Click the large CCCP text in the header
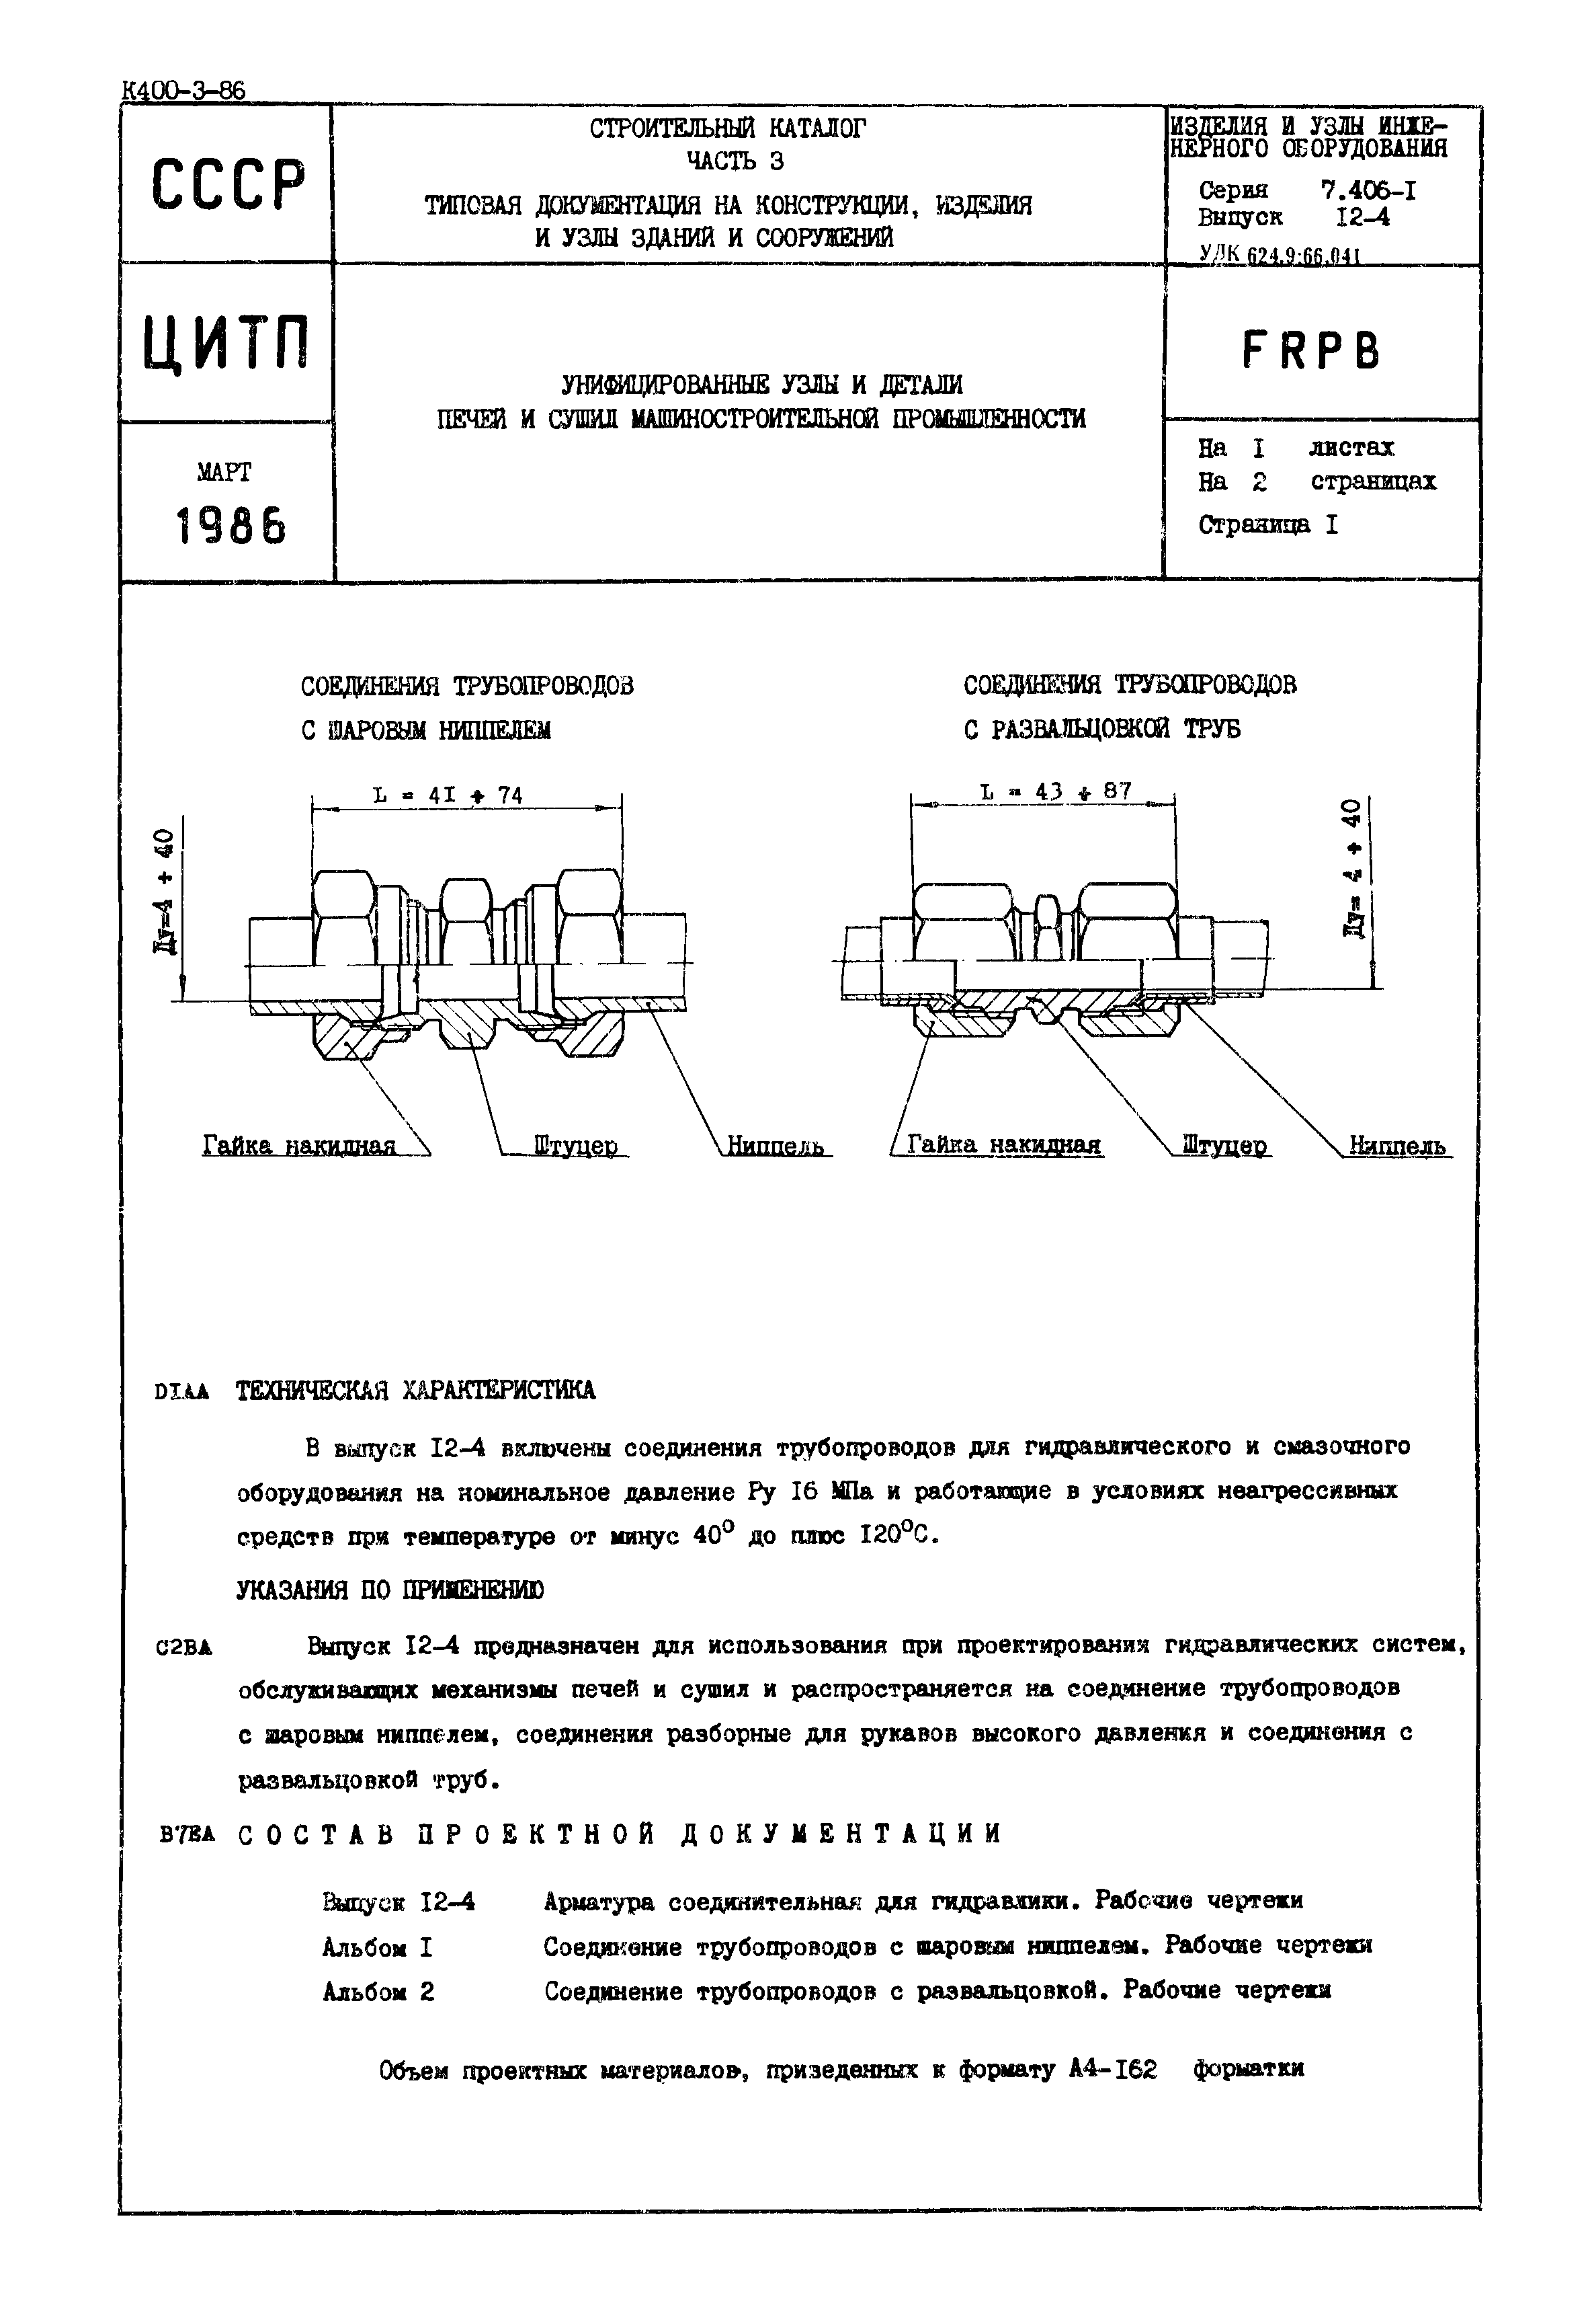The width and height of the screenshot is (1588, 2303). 228,185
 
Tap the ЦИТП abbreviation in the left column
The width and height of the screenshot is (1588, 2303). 227,344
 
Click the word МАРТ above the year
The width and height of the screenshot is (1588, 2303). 225,472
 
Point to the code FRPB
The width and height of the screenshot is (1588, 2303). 1311,350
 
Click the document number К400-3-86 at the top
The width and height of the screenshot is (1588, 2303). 182,91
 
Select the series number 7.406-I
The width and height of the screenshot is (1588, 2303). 1368,190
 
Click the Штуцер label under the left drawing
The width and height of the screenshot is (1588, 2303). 575,1146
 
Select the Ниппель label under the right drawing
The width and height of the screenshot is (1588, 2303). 1397,1146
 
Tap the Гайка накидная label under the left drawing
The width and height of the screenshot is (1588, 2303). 300,1146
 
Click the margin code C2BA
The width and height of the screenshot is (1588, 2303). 184,1647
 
